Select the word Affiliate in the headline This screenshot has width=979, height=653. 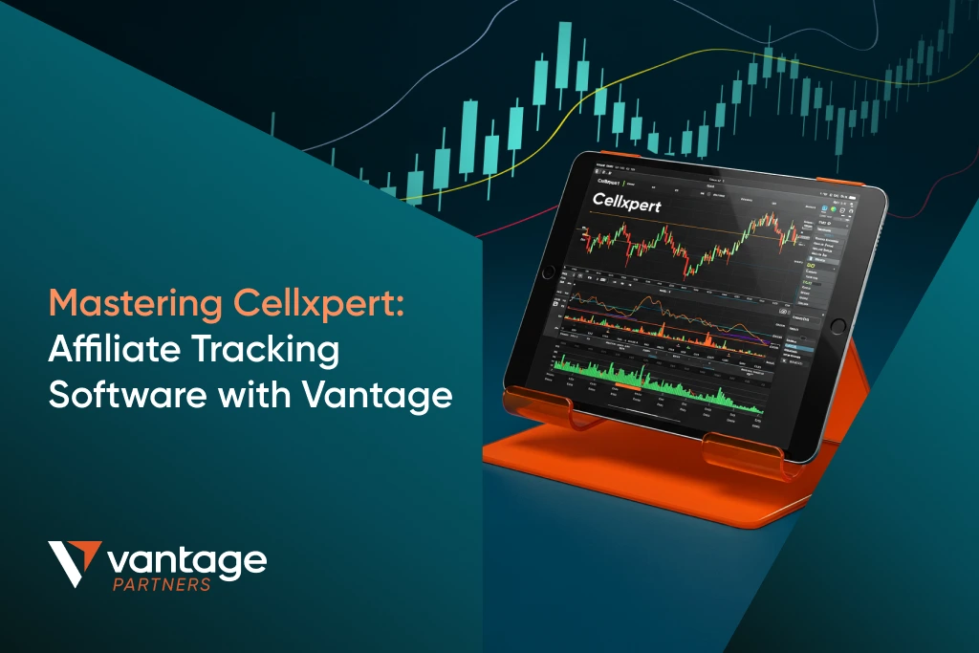(x=108, y=350)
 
